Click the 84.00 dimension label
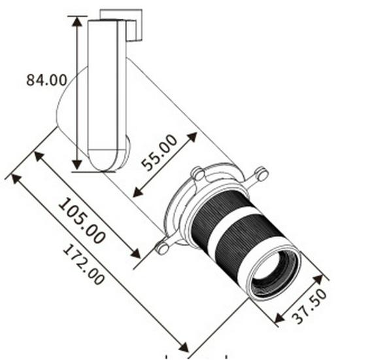[x=46, y=80]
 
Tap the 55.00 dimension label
[x=159, y=153]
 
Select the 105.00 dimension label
[x=82, y=221]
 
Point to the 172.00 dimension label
[x=84, y=265]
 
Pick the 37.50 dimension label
[x=309, y=306]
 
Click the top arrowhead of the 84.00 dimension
[x=77, y=22]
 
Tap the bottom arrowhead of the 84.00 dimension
[x=77, y=165]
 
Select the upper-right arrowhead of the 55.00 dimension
[x=192, y=137]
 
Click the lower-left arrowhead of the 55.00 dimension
[x=138, y=192]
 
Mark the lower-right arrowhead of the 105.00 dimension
[x=136, y=253]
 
